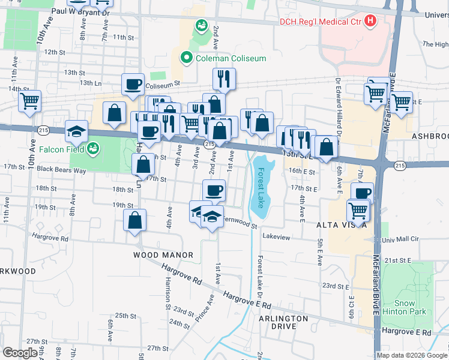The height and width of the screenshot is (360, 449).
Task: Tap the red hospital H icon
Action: [x=370, y=21]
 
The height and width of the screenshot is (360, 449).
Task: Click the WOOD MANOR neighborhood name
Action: [x=163, y=255]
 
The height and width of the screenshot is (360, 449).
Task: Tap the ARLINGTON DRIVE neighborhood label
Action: [x=283, y=322]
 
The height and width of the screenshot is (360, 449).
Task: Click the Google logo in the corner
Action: [x=20, y=352]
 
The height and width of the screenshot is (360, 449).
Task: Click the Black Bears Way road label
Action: [x=62, y=170]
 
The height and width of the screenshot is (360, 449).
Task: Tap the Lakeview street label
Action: [x=276, y=238]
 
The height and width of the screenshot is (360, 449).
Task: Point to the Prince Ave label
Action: [x=207, y=305]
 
